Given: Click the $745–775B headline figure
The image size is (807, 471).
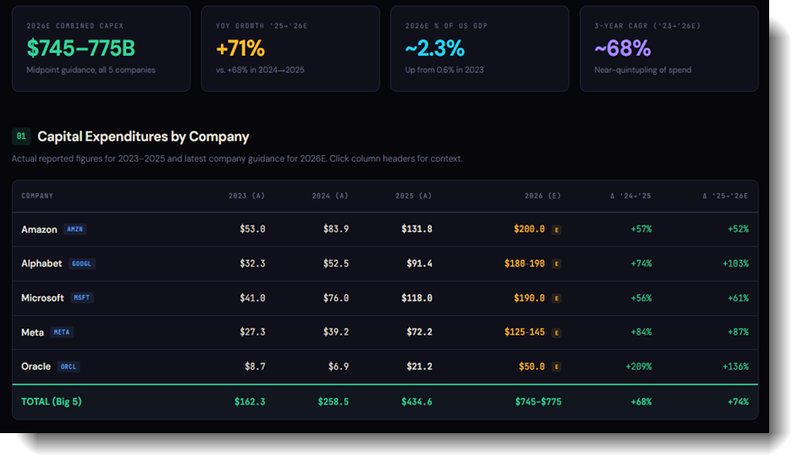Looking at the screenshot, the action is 81,49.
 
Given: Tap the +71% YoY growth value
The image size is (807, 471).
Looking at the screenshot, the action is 241,49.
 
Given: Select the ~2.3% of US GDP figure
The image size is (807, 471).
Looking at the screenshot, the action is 435,49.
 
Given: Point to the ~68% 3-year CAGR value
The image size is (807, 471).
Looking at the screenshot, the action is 623,49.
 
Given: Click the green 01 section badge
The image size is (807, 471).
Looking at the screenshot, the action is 21,136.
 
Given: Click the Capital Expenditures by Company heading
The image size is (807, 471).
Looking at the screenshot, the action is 143,136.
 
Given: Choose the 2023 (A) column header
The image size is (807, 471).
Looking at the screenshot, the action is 246,196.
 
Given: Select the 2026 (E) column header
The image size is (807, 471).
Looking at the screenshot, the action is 543,196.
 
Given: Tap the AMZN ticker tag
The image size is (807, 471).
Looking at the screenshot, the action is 75,229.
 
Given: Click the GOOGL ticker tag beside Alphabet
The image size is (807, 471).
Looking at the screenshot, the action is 81,263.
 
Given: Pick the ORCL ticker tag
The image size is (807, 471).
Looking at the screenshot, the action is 68,366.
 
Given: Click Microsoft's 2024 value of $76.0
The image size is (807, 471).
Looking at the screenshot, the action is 335,298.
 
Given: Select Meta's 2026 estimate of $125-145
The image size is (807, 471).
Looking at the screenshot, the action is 525,332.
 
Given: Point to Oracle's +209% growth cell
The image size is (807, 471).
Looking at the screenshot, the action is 638,366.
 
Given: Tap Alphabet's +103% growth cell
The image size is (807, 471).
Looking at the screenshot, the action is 736,263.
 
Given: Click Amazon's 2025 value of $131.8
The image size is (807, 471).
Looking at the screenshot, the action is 417,229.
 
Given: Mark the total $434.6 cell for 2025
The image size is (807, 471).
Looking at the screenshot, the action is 417,402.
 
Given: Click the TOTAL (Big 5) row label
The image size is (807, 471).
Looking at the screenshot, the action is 51,402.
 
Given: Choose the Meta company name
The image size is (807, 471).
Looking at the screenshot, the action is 32,333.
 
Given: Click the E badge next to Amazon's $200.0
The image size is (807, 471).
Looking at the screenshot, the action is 556,229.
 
